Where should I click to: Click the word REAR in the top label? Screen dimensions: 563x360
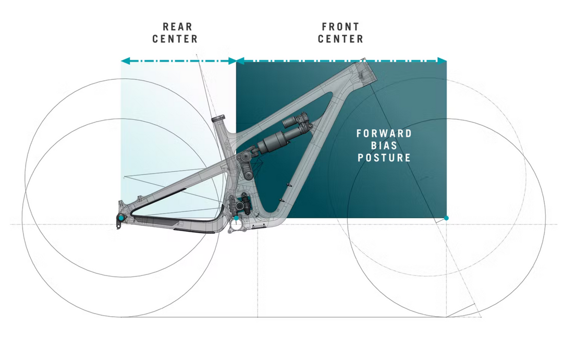[177, 27]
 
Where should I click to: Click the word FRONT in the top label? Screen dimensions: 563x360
[340, 27]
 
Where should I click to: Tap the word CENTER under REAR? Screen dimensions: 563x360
[175, 39]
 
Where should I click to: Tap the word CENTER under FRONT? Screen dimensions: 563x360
[340, 39]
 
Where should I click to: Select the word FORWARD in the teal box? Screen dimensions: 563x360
[384, 134]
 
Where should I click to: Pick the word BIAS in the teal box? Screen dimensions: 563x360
[384, 146]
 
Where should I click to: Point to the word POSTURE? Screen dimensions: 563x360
[384, 158]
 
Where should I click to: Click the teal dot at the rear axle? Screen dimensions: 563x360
[121, 218]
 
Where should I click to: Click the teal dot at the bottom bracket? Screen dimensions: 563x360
[236, 218]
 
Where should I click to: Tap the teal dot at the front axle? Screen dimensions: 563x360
[446, 218]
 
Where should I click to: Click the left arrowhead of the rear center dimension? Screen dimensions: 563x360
[125, 61]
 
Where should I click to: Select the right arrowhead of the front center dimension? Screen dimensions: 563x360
[442, 61]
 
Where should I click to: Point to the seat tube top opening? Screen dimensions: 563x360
[218, 118]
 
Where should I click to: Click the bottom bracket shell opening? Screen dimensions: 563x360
[236, 226]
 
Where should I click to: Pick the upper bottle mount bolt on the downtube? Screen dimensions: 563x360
[289, 185]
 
